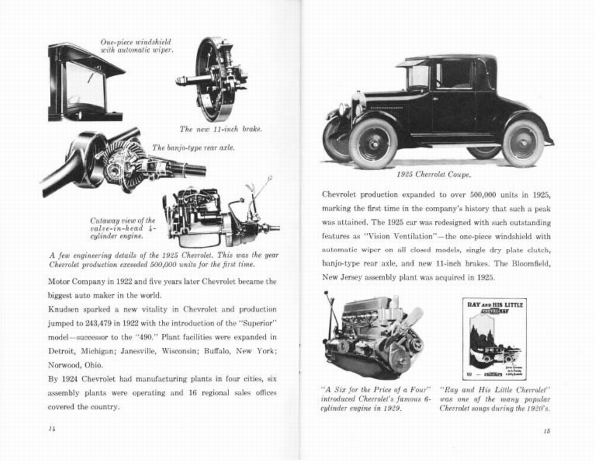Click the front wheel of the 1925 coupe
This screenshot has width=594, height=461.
coord(372,143)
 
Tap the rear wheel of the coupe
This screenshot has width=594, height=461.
coord(523,143)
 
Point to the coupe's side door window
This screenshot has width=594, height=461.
coord(454,75)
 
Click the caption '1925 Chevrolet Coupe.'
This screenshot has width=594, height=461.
coord(433,174)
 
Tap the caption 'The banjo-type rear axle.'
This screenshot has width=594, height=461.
coord(193,148)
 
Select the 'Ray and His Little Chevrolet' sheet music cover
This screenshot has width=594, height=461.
coord(494,339)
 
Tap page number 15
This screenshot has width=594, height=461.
coord(546,430)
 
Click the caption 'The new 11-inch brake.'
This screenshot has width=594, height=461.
coord(220,129)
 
